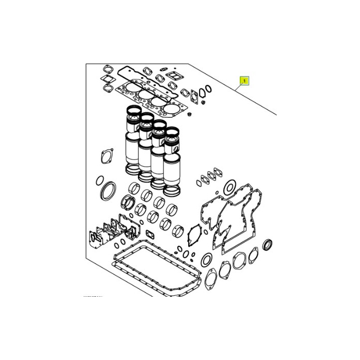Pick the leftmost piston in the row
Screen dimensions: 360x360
tap(133, 116)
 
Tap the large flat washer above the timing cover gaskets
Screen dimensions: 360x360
tap(230, 186)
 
